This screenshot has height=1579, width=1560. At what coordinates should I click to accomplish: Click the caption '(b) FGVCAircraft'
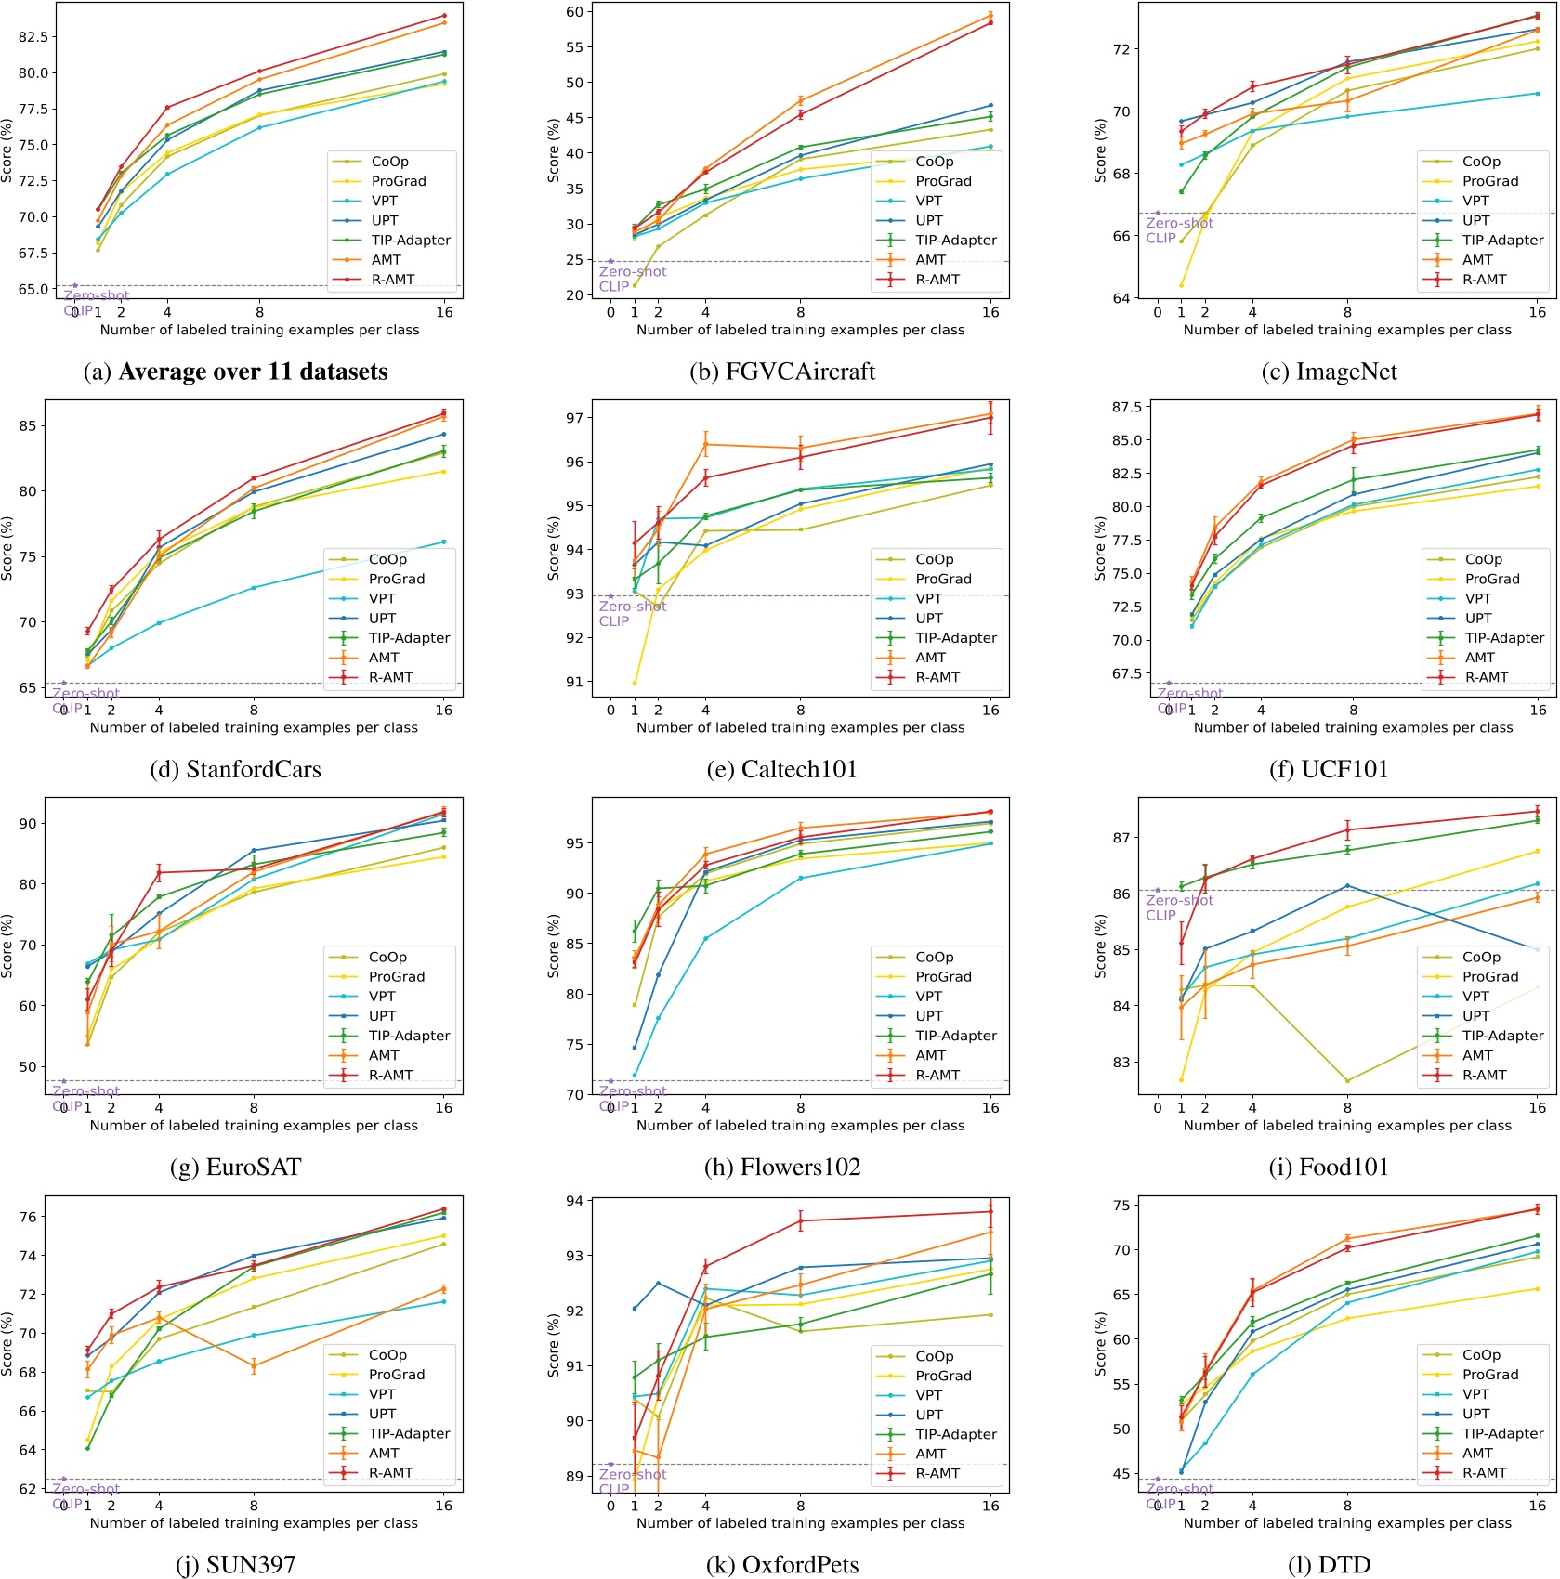[x=782, y=372]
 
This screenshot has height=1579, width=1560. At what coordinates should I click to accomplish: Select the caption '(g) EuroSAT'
[x=236, y=1167]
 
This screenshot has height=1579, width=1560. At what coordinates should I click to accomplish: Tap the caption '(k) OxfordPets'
[x=782, y=1565]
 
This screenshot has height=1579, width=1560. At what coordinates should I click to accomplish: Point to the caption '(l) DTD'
[x=1330, y=1565]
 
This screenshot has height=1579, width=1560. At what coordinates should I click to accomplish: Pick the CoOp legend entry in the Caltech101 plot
[x=934, y=559]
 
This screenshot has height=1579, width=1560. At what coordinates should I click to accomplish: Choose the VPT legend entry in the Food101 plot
[x=1475, y=997]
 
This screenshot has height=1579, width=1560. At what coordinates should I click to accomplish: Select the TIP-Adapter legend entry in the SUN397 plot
[x=409, y=1433]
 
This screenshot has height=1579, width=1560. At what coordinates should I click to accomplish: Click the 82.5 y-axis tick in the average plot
[x=33, y=37]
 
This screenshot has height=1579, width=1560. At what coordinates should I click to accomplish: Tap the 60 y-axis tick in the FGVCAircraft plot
[x=575, y=12]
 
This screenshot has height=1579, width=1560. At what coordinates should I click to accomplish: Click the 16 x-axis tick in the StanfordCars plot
[x=444, y=711]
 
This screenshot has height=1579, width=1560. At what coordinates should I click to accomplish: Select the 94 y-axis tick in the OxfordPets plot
[x=575, y=1201]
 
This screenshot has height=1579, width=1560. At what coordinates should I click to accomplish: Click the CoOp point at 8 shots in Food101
[x=1347, y=1080]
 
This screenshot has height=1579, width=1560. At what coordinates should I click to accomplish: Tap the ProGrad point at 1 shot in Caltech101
[x=635, y=683]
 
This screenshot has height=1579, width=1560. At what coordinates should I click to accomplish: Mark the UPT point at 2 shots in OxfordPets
[x=658, y=1283]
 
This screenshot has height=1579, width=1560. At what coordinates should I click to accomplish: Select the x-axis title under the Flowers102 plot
[x=800, y=1126]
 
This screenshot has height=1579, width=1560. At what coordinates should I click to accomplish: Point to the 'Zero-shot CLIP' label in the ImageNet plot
[x=1178, y=230]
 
